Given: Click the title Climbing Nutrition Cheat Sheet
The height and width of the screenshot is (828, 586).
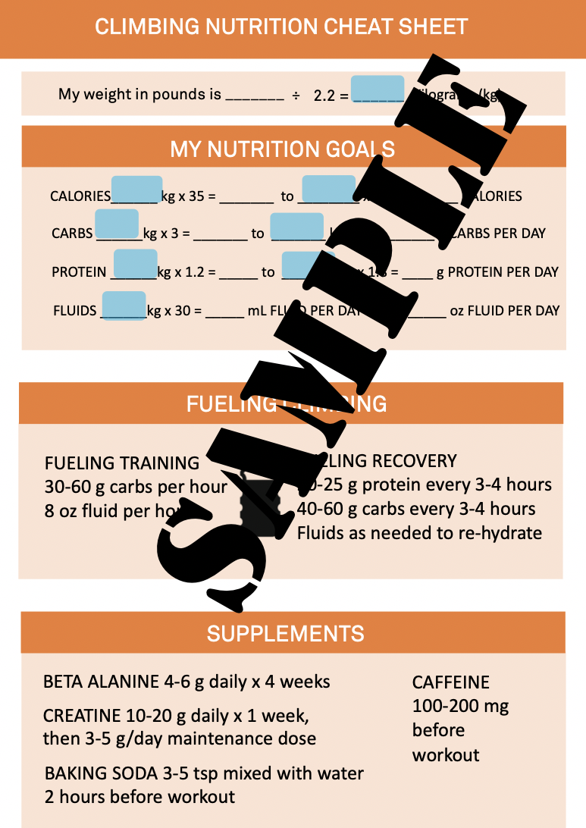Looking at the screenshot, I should tap(281, 27).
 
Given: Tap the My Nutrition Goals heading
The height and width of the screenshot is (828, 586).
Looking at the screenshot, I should tap(282, 148).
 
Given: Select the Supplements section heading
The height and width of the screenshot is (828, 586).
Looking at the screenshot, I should tap(286, 633).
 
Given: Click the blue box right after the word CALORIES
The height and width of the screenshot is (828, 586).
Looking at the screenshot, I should tap(136, 189).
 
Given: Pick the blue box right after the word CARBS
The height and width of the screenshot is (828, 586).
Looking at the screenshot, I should tap(118, 224).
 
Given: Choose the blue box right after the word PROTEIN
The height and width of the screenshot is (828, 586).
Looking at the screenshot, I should tap(135, 263).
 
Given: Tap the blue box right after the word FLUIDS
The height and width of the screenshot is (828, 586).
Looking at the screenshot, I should tap(124, 305).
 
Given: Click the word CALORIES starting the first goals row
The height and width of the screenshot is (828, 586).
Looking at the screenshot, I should tap(80, 196).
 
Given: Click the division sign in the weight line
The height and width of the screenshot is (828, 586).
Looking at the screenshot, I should tap(296, 95).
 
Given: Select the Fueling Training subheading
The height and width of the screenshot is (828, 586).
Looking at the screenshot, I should tap(122, 463).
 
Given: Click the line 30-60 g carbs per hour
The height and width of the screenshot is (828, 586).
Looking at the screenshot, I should tap(136, 486).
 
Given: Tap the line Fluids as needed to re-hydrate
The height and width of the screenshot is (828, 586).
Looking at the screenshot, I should tap(419, 532).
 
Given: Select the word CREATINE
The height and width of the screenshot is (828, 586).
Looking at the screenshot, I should tap(82, 716).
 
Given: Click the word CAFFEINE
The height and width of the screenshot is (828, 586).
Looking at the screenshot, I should tap(451, 682).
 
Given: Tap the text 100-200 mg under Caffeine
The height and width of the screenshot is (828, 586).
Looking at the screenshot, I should tap(460, 706).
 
